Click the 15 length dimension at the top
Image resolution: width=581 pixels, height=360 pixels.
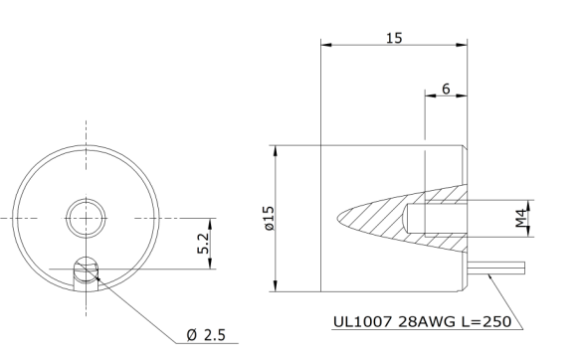click(x=394, y=38)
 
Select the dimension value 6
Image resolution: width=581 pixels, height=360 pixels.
click(x=446, y=89)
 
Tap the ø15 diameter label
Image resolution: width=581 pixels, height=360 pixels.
click(x=270, y=219)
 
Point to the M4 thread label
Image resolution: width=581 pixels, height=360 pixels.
click(x=521, y=218)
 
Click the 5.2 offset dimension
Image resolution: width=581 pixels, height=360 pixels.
click(x=203, y=244)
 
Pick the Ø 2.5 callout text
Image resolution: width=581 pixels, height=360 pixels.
click(x=206, y=335)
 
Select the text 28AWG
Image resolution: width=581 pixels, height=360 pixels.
click(x=427, y=322)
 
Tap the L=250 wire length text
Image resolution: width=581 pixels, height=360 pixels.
click(x=486, y=322)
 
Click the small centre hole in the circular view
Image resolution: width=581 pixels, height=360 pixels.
click(x=86, y=218)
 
